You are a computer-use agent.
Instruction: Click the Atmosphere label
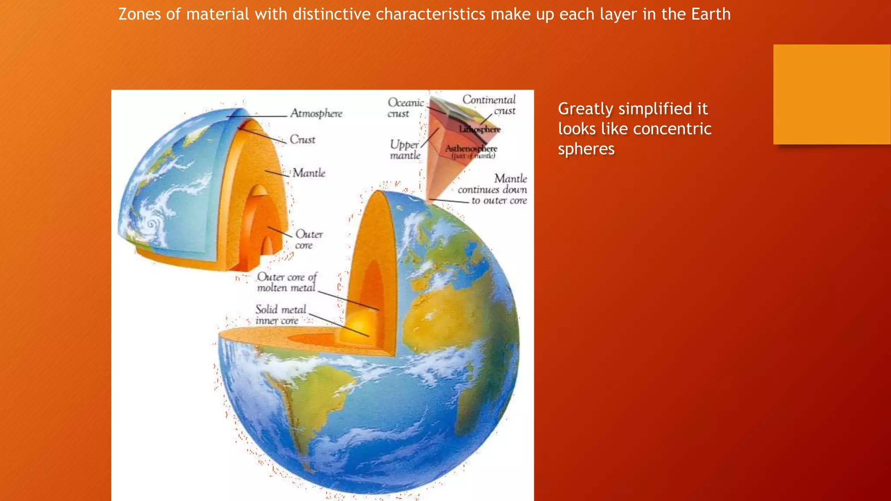coord(316,114)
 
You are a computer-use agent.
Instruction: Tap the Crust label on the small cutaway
coord(302,140)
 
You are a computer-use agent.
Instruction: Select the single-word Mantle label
coord(309,173)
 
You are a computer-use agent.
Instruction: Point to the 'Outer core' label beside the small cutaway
coord(308,240)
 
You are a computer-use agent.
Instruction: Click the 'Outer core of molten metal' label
coord(287,282)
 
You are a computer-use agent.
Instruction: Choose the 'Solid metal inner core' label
coord(281,315)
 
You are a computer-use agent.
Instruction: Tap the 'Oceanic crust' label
coord(405,108)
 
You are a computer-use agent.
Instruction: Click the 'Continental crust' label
coord(489,105)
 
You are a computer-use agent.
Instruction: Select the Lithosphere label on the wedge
coord(480,129)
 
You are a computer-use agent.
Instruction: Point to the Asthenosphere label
coord(471,149)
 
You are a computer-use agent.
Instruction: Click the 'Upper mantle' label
coord(405,150)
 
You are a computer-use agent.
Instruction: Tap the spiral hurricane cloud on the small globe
coord(152,224)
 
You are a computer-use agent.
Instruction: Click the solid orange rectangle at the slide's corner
coord(831,94)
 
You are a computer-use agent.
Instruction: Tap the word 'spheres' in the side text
coord(586,149)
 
